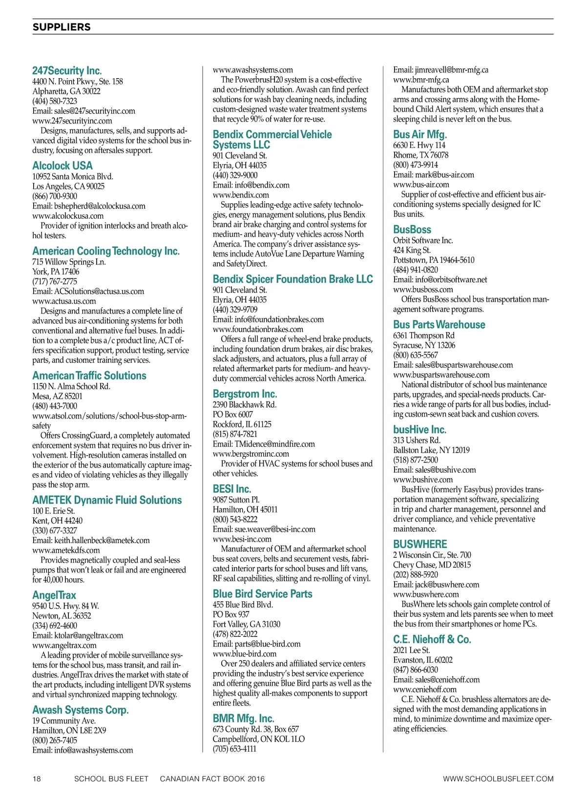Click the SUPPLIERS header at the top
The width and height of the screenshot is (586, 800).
pyautogui.click(x=62, y=27)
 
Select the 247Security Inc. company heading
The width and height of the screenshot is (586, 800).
pyautogui.click(x=67, y=71)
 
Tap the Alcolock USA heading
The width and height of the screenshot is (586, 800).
pyautogui.click(x=63, y=166)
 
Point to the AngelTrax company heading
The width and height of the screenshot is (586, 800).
pyautogui.click(x=54, y=595)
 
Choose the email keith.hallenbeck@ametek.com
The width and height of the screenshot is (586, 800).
pyautogui.click(x=91, y=540)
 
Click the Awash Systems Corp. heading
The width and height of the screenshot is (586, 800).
pyautogui.click(x=81, y=710)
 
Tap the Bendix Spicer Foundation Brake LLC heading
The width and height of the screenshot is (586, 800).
pyautogui.click(x=293, y=279)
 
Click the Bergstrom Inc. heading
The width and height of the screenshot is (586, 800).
pyautogui.click(x=245, y=394)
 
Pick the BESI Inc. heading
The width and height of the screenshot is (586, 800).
pyautogui.click(x=232, y=489)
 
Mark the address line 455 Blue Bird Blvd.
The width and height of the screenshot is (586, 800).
pyautogui.click(x=243, y=605)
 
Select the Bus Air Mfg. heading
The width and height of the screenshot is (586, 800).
pyautogui.click(x=420, y=134)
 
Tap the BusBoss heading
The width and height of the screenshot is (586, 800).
pyautogui.click(x=412, y=230)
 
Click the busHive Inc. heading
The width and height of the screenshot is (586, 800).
pyautogui.click(x=419, y=430)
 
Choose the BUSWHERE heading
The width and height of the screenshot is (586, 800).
pyautogui.click(x=420, y=544)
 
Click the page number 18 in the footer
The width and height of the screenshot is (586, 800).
pyautogui.click(x=37, y=779)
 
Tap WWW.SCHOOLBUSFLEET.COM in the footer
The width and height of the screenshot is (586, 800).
pyautogui.click(x=498, y=779)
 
